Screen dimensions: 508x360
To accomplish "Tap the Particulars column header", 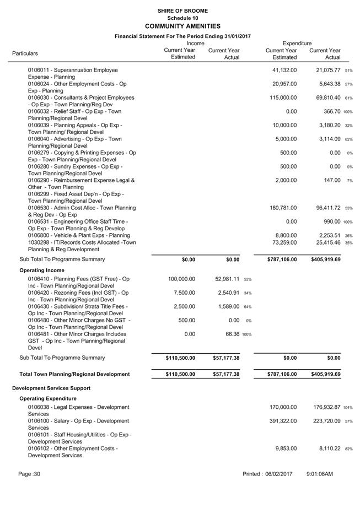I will click(x=25, y=53).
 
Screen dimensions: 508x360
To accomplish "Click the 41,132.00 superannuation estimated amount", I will click(x=284, y=70).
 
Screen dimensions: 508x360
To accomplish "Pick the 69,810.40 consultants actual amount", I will click(x=325, y=98).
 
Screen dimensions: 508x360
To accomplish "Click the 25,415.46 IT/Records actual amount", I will click(x=325, y=242).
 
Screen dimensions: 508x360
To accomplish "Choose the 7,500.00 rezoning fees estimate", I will click(x=182, y=293).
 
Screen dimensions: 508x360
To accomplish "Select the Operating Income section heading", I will click(x=42, y=271).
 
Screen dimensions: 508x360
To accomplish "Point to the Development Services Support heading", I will click(x=53, y=388).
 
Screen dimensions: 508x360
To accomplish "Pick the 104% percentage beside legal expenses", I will click(x=348, y=408).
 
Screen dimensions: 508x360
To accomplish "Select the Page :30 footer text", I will click(x=29, y=474).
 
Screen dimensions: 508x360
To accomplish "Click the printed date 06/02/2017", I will click(x=278, y=474).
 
